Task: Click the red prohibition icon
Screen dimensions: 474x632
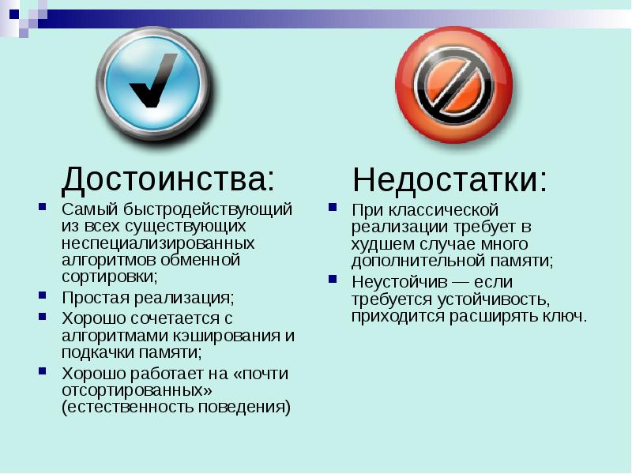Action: [453, 85]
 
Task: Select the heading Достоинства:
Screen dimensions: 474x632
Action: [169, 180]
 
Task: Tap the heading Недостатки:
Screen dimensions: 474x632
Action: [450, 180]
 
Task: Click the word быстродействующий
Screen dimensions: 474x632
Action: [209, 210]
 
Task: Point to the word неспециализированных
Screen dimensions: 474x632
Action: [158, 243]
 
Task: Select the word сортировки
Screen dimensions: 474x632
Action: [107, 276]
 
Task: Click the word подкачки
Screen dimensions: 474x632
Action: [96, 352]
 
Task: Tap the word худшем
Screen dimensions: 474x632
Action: [382, 243]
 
